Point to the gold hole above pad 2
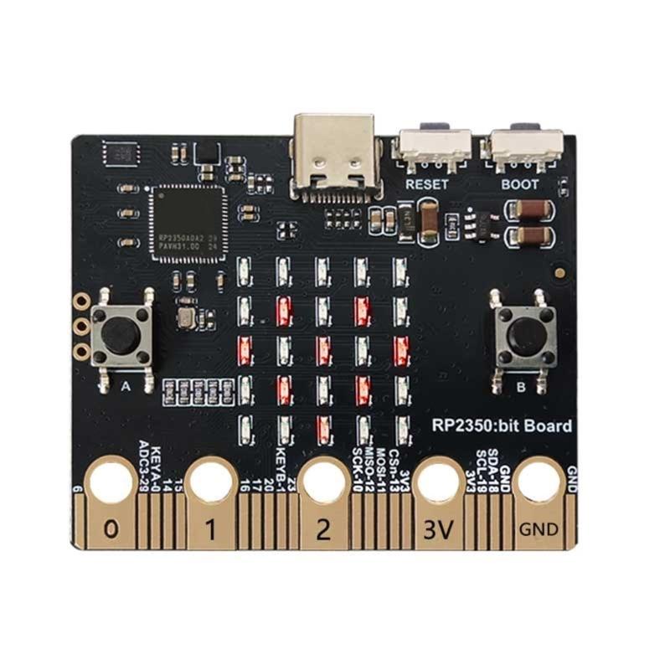pyautogui.click(x=326, y=483)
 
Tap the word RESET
pyautogui.click(x=426, y=184)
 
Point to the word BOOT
pyautogui.click(x=519, y=184)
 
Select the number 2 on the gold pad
pyautogui.click(x=326, y=529)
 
